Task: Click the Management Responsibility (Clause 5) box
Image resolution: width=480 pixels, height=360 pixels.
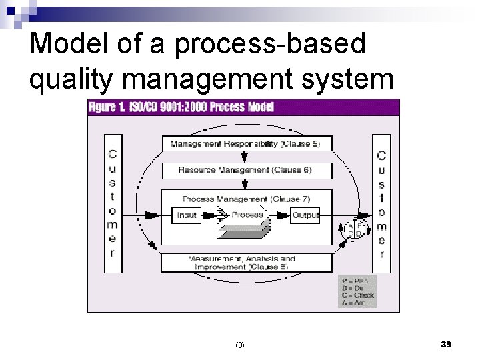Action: pos(245,143)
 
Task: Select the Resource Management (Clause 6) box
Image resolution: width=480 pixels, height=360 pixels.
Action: pos(245,170)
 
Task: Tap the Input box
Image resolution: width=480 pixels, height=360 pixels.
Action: pos(188,215)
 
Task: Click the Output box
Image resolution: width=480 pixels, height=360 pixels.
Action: pos(305,215)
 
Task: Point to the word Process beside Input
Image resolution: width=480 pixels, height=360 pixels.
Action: pos(247,215)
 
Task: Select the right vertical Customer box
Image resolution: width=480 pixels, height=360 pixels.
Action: pos(381,203)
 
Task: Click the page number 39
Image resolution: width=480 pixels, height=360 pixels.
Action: pos(446,343)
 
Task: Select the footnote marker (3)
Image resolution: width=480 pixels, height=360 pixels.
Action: pos(240,345)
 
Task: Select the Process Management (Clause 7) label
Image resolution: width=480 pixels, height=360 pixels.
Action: pos(245,198)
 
